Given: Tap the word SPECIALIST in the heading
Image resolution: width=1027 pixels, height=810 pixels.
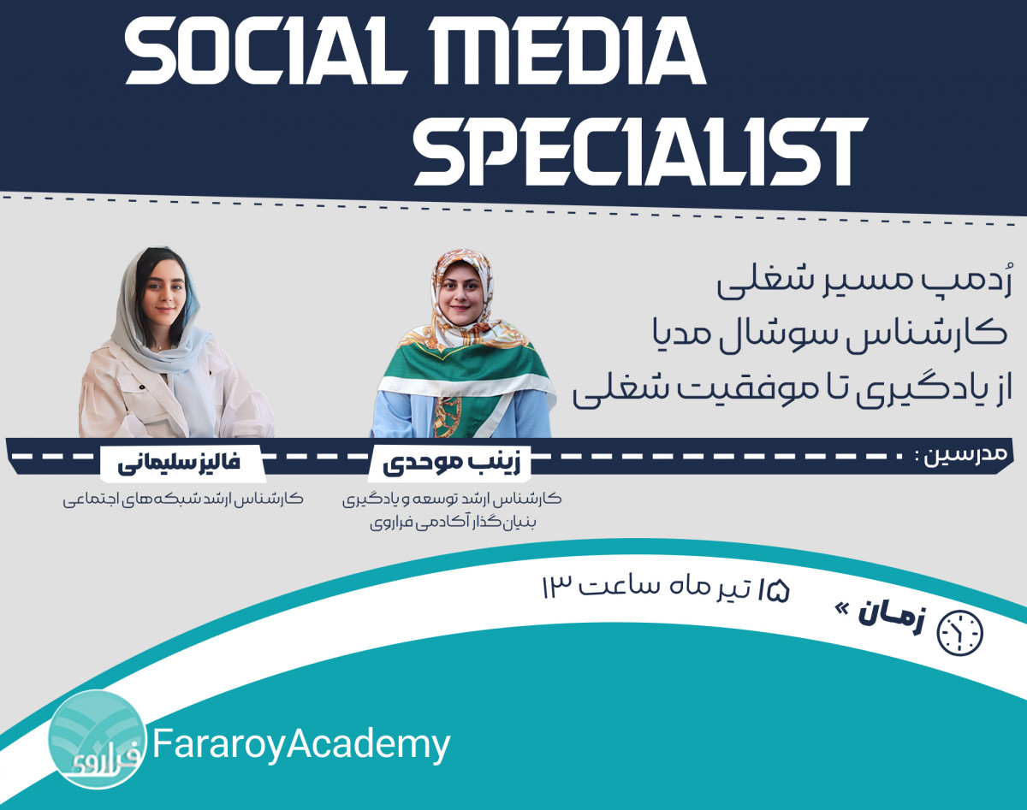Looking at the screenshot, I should click(x=640, y=152).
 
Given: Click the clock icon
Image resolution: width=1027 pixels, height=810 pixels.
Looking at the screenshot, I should click(x=960, y=633).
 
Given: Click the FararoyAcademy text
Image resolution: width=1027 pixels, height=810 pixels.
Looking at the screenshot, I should click(x=301, y=744).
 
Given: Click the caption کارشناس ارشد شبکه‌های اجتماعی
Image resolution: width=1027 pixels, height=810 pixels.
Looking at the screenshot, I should click(x=183, y=498).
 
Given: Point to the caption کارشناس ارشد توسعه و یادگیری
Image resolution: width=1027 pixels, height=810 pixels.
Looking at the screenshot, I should click(x=451, y=498).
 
